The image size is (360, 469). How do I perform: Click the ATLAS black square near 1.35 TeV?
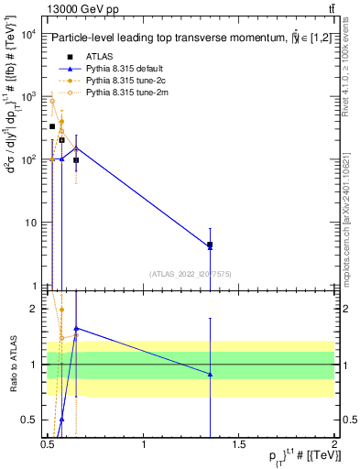pyautogui.click(x=210, y=245)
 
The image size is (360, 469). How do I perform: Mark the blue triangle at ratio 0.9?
pyautogui.click(x=210, y=374)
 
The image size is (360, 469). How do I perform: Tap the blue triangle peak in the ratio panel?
pyautogui.click(x=76, y=327)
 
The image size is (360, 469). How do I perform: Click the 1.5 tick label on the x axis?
pyautogui.click(x=239, y=443)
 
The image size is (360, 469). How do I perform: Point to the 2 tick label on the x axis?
pyautogui.click(x=334, y=443)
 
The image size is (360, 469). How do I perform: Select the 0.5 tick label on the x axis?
pyautogui.click(x=48, y=443)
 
